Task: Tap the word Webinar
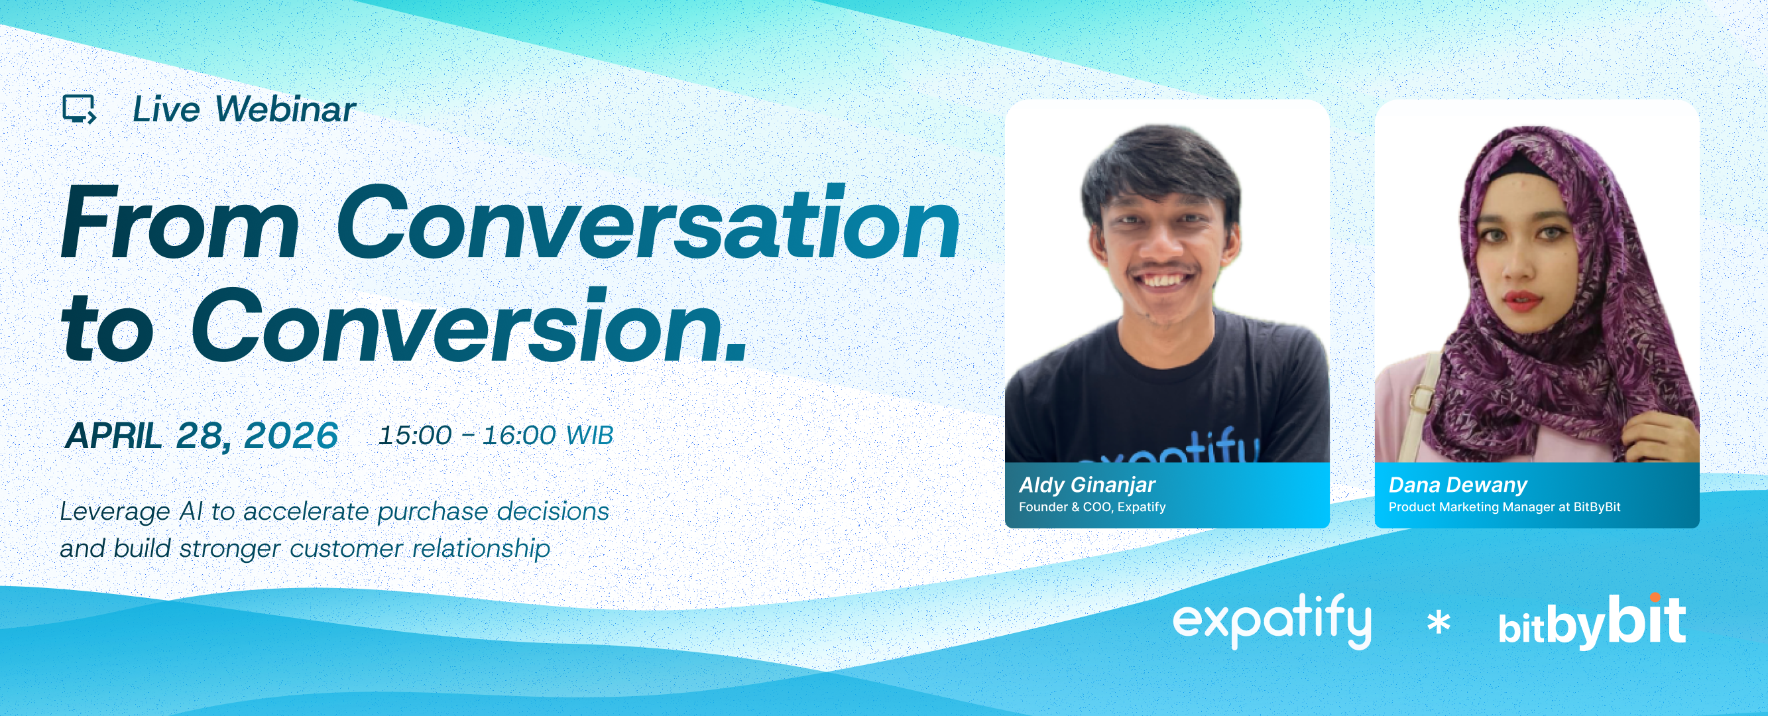click(x=286, y=109)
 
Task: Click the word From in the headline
click(x=180, y=223)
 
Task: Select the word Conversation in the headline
click(x=647, y=223)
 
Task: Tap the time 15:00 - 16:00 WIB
click(x=496, y=435)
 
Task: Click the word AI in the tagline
click(x=192, y=511)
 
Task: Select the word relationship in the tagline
click(x=481, y=548)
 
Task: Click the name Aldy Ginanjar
click(x=1087, y=485)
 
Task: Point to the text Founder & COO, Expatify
click(x=1092, y=507)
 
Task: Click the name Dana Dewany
click(x=1458, y=485)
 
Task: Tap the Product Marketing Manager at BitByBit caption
click(x=1504, y=507)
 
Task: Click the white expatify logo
click(x=1271, y=621)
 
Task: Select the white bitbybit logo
click(x=1592, y=622)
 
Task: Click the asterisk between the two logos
click(x=1439, y=623)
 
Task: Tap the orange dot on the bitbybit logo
click(x=1655, y=597)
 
